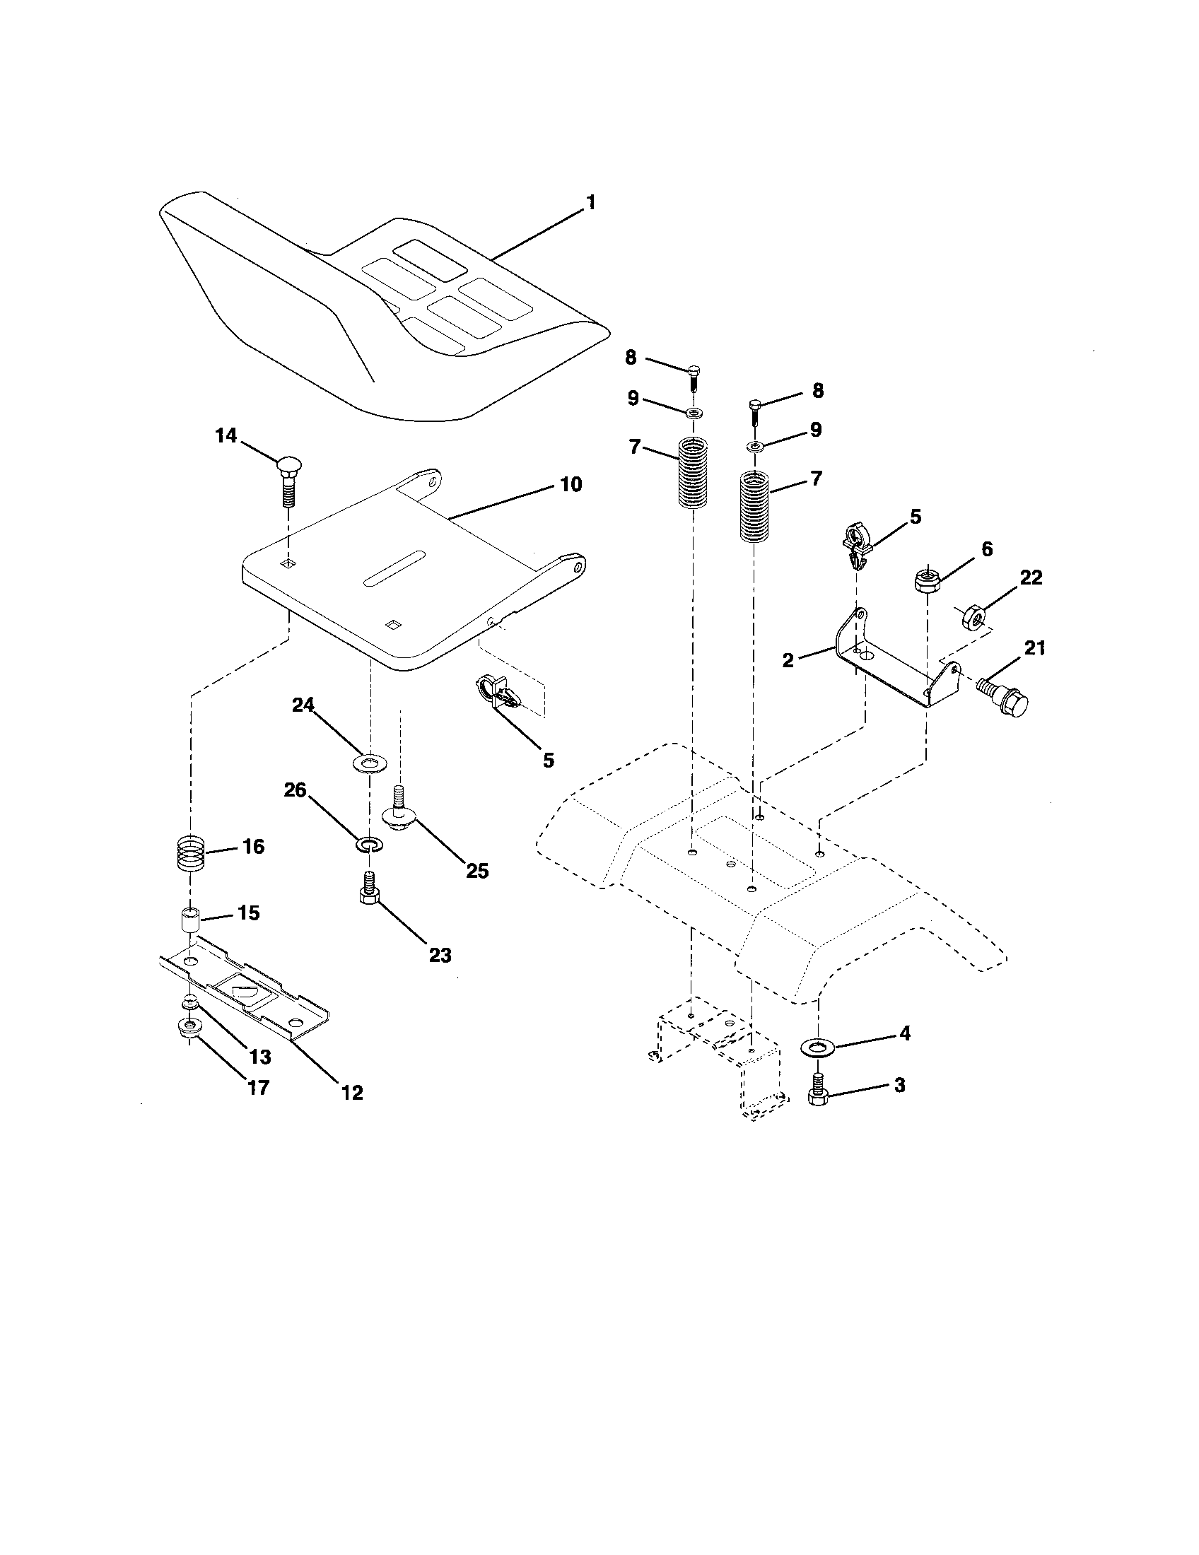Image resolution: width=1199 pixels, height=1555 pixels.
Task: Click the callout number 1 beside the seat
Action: point(590,202)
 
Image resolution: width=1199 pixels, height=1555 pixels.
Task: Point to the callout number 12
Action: point(353,1092)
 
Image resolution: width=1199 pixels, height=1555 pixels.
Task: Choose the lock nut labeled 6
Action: point(926,578)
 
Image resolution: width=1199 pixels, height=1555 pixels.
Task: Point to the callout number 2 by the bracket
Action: point(788,660)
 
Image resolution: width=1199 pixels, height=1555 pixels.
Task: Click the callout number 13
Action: point(261,1057)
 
